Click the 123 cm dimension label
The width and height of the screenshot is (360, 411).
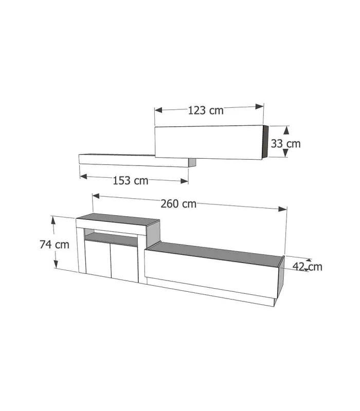click(x=206, y=110)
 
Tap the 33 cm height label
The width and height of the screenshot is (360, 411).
click(x=286, y=144)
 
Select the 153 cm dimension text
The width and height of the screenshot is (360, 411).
click(x=131, y=181)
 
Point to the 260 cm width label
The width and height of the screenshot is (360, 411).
click(x=178, y=204)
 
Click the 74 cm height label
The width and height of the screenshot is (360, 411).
click(x=55, y=245)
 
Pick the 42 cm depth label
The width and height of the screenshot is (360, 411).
click(x=308, y=266)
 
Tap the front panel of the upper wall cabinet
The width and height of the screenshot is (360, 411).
click(x=208, y=143)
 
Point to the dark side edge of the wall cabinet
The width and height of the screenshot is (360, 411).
click(x=265, y=144)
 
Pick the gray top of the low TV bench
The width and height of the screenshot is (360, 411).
click(x=216, y=252)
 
